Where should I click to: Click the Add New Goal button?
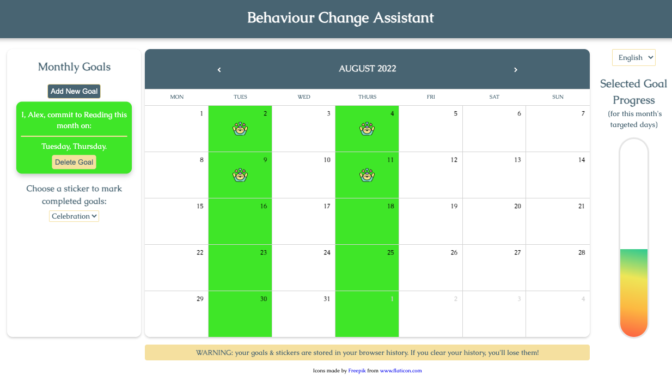(74, 91)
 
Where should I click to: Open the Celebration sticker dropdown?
(74, 216)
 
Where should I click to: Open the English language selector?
(633, 58)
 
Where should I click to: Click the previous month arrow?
(219, 69)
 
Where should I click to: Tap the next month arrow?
(516, 69)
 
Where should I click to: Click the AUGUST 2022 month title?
(368, 69)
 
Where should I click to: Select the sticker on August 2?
(240, 129)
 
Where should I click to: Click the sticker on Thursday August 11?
(367, 175)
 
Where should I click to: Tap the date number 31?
(327, 299)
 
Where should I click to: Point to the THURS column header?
(367, 97)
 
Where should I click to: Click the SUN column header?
(558, 97)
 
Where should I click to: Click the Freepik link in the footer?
(357, 371)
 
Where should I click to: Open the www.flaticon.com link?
(401, 371)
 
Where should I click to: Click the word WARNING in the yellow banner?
(213, 353)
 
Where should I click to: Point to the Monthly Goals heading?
(74, 67)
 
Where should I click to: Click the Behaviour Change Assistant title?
(340, 17)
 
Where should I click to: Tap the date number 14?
(582, 160)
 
